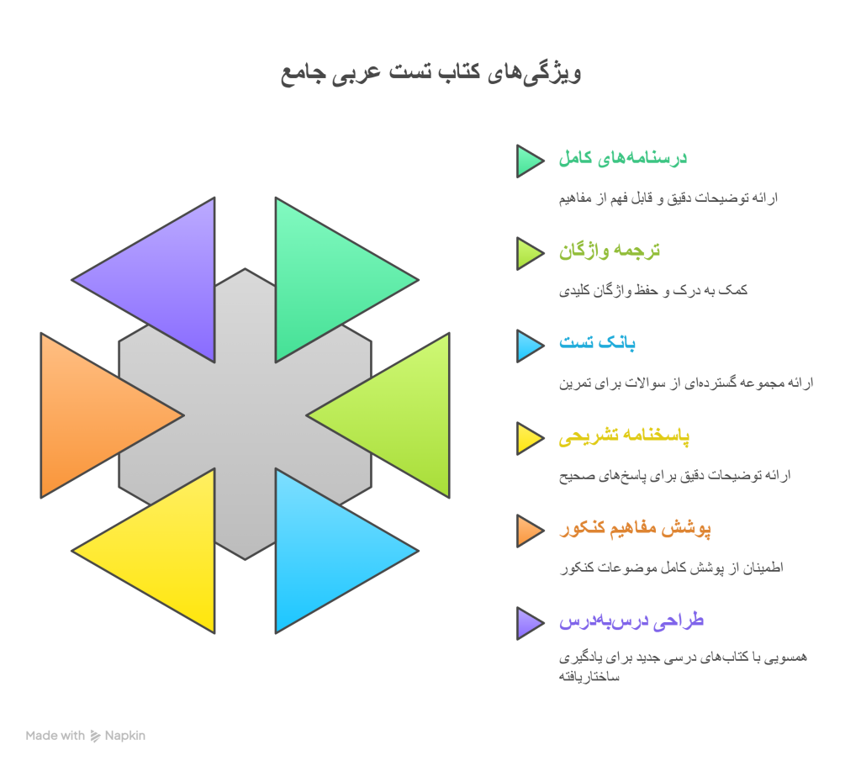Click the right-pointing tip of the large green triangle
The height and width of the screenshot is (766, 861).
(419, 280)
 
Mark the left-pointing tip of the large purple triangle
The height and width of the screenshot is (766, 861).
(72, 280)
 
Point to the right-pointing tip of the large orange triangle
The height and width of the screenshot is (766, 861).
(183, 415)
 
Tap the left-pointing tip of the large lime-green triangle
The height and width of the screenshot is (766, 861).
(306, 415)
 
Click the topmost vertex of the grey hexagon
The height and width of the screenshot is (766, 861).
(245, 268)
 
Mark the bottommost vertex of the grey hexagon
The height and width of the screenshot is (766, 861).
(245, 559)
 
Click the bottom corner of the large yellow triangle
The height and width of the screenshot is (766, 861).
(214, 633)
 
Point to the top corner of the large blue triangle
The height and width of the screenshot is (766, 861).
(276, 469)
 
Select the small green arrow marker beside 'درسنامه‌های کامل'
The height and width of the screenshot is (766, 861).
(530, 161)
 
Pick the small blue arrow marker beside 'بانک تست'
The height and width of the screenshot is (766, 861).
(530, 346)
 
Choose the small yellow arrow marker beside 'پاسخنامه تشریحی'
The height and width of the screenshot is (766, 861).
(530, 438)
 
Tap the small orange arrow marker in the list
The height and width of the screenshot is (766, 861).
(530, 531)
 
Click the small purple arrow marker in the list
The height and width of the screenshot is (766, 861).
(530, 623)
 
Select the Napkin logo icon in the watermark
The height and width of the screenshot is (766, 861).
(96, 736)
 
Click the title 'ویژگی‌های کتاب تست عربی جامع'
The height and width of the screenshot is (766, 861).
(431, 73)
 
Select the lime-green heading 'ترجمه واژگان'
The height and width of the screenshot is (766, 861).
(610, 251)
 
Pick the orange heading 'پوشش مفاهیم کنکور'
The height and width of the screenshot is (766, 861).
(636, 529)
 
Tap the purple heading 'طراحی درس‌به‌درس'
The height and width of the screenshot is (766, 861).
(631, 621)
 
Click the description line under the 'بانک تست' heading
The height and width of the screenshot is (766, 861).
(686, 383)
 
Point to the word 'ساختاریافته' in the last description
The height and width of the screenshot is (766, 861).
(589, 677)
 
